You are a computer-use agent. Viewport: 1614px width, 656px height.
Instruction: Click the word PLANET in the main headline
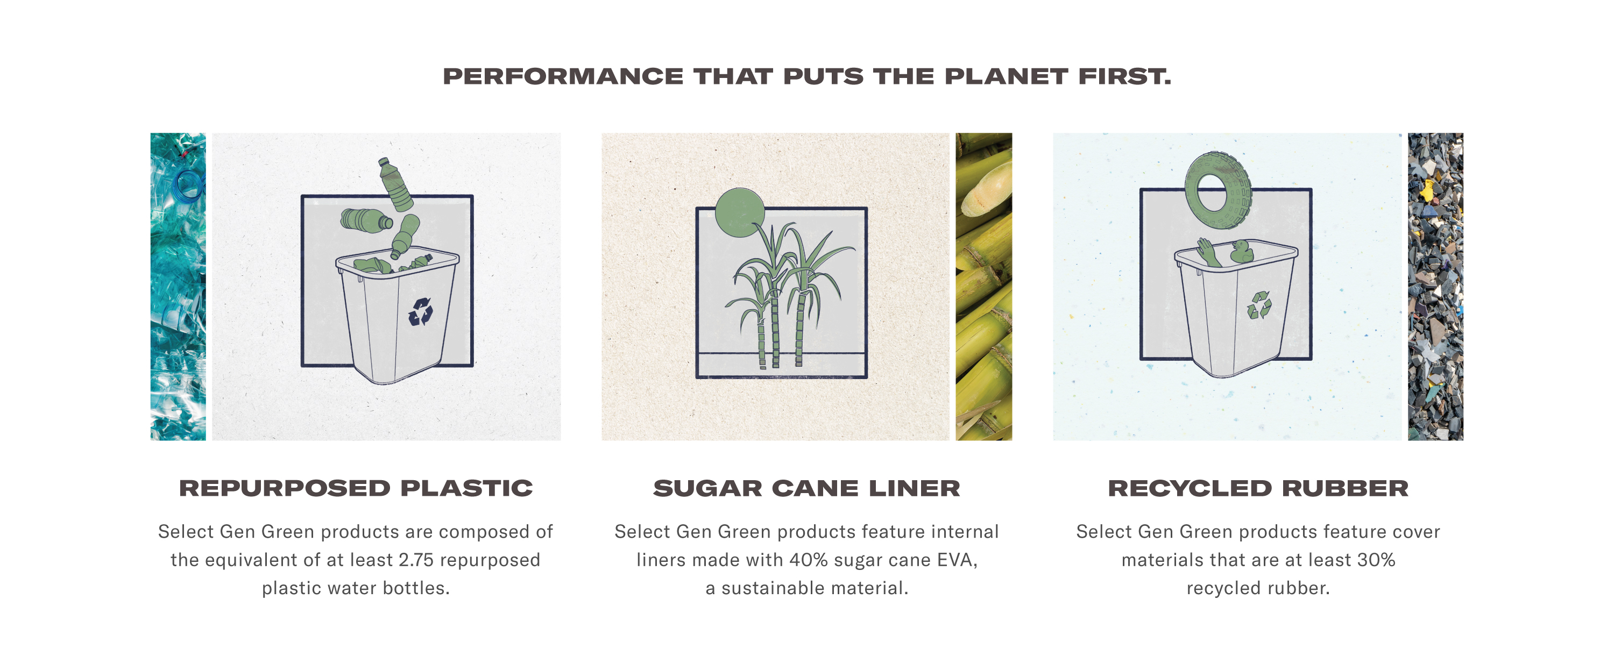click(1006, 76)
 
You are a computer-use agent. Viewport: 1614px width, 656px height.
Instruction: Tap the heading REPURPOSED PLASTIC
click(356, 488)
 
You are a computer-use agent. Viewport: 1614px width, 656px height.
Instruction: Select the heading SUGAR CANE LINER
click(806, 488)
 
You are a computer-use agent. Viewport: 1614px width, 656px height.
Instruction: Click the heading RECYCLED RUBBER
click(1258, 488)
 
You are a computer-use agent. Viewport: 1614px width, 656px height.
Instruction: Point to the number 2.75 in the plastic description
click(416, 560)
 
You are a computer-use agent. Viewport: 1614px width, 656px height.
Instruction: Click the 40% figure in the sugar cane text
click(808, 560)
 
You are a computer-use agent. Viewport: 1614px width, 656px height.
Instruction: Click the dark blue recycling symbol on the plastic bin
click(420, 312)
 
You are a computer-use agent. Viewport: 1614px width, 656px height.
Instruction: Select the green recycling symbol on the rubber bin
click(1259, 305)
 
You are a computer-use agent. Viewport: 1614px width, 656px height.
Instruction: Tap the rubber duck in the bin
click(1240, 251)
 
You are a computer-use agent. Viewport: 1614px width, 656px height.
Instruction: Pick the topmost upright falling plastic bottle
click(396, 184)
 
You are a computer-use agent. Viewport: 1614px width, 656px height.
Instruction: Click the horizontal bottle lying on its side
click(366, 220)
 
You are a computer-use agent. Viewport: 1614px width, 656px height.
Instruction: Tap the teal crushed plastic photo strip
click(178, 287)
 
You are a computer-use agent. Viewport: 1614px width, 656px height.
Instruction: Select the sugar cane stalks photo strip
click(983, 287)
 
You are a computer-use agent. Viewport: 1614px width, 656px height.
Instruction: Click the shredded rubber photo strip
click(1435, 287)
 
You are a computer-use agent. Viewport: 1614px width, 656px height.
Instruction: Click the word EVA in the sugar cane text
click(957, 560)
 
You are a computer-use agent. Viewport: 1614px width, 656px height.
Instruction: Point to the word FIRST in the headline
click(1124, 76)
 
